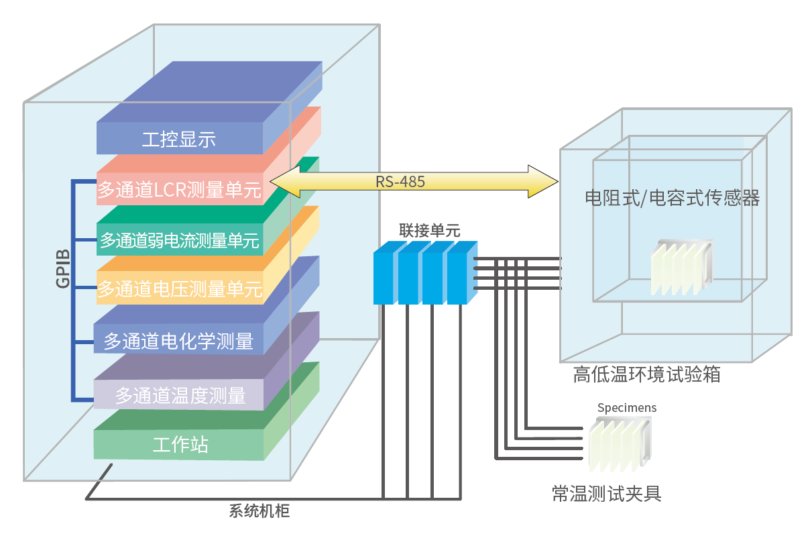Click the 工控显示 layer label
click(178, 140)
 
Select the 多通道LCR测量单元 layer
click(179, 191)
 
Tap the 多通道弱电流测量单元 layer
click(179, 240)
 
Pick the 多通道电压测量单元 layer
click(179, 290)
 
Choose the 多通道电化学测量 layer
click(178, 341)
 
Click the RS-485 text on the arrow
click(400, 181)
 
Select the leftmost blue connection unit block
click(384, 276)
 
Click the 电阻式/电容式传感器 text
click(672, 198)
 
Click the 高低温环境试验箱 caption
click(646, 374)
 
